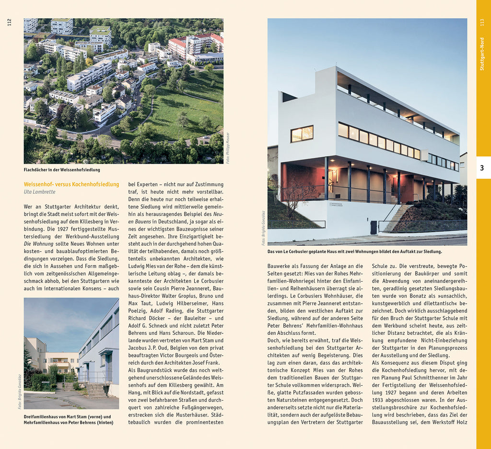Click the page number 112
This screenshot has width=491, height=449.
pos(9,22)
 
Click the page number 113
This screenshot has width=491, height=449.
pos(482,22)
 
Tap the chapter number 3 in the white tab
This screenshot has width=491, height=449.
pos(482,168)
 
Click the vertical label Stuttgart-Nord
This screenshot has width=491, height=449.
pos(482,54)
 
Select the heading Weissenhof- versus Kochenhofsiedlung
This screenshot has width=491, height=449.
pos(71,184)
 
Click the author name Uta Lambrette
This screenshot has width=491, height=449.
pos(39,192)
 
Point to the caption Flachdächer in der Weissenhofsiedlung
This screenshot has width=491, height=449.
pos(62,170)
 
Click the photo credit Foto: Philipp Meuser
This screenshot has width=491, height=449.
pos(227,148)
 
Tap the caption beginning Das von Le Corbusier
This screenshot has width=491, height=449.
pos(354,251)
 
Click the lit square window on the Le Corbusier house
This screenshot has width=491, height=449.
pos(302,134)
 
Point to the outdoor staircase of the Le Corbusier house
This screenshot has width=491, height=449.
pos(396,218)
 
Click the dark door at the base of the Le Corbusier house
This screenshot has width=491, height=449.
pos(374,227)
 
